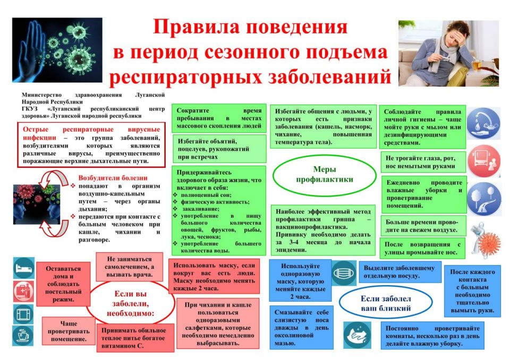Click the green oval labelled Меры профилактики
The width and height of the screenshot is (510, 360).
[324, 174]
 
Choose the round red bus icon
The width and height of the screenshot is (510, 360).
[483, 158]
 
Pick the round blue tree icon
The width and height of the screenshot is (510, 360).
[483, 195]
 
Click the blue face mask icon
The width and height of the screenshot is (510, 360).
[344, 274]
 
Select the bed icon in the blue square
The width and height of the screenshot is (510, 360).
[23, 269]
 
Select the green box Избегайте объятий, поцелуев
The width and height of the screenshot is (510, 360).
[219, 149]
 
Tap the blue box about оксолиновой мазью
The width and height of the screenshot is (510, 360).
[300, 327]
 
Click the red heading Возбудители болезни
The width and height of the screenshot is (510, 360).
[113, 178]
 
